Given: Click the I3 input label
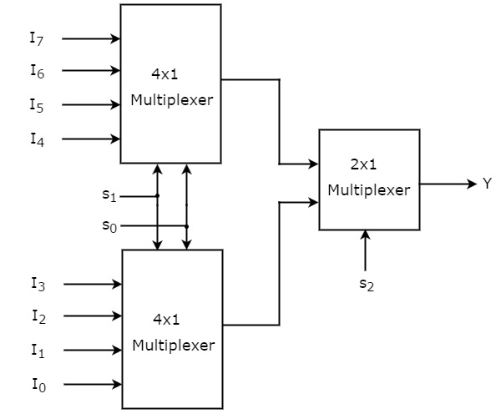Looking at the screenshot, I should [38, 285].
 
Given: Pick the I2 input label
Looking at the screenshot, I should [38, 316].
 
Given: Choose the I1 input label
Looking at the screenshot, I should [38, 351].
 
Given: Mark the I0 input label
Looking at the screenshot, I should [38, 385].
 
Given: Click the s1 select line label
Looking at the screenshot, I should [109, 196].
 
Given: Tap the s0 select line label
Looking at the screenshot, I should [109, 225].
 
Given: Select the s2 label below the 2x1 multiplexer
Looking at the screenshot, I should [366, 284].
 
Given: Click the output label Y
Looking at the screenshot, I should [487, 184].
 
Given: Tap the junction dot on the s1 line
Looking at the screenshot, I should [157, 197].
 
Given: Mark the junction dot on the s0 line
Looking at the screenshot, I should [186, 226].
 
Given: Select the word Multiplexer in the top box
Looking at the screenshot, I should [171, 101].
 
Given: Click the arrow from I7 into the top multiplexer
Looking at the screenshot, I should [91, 38].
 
